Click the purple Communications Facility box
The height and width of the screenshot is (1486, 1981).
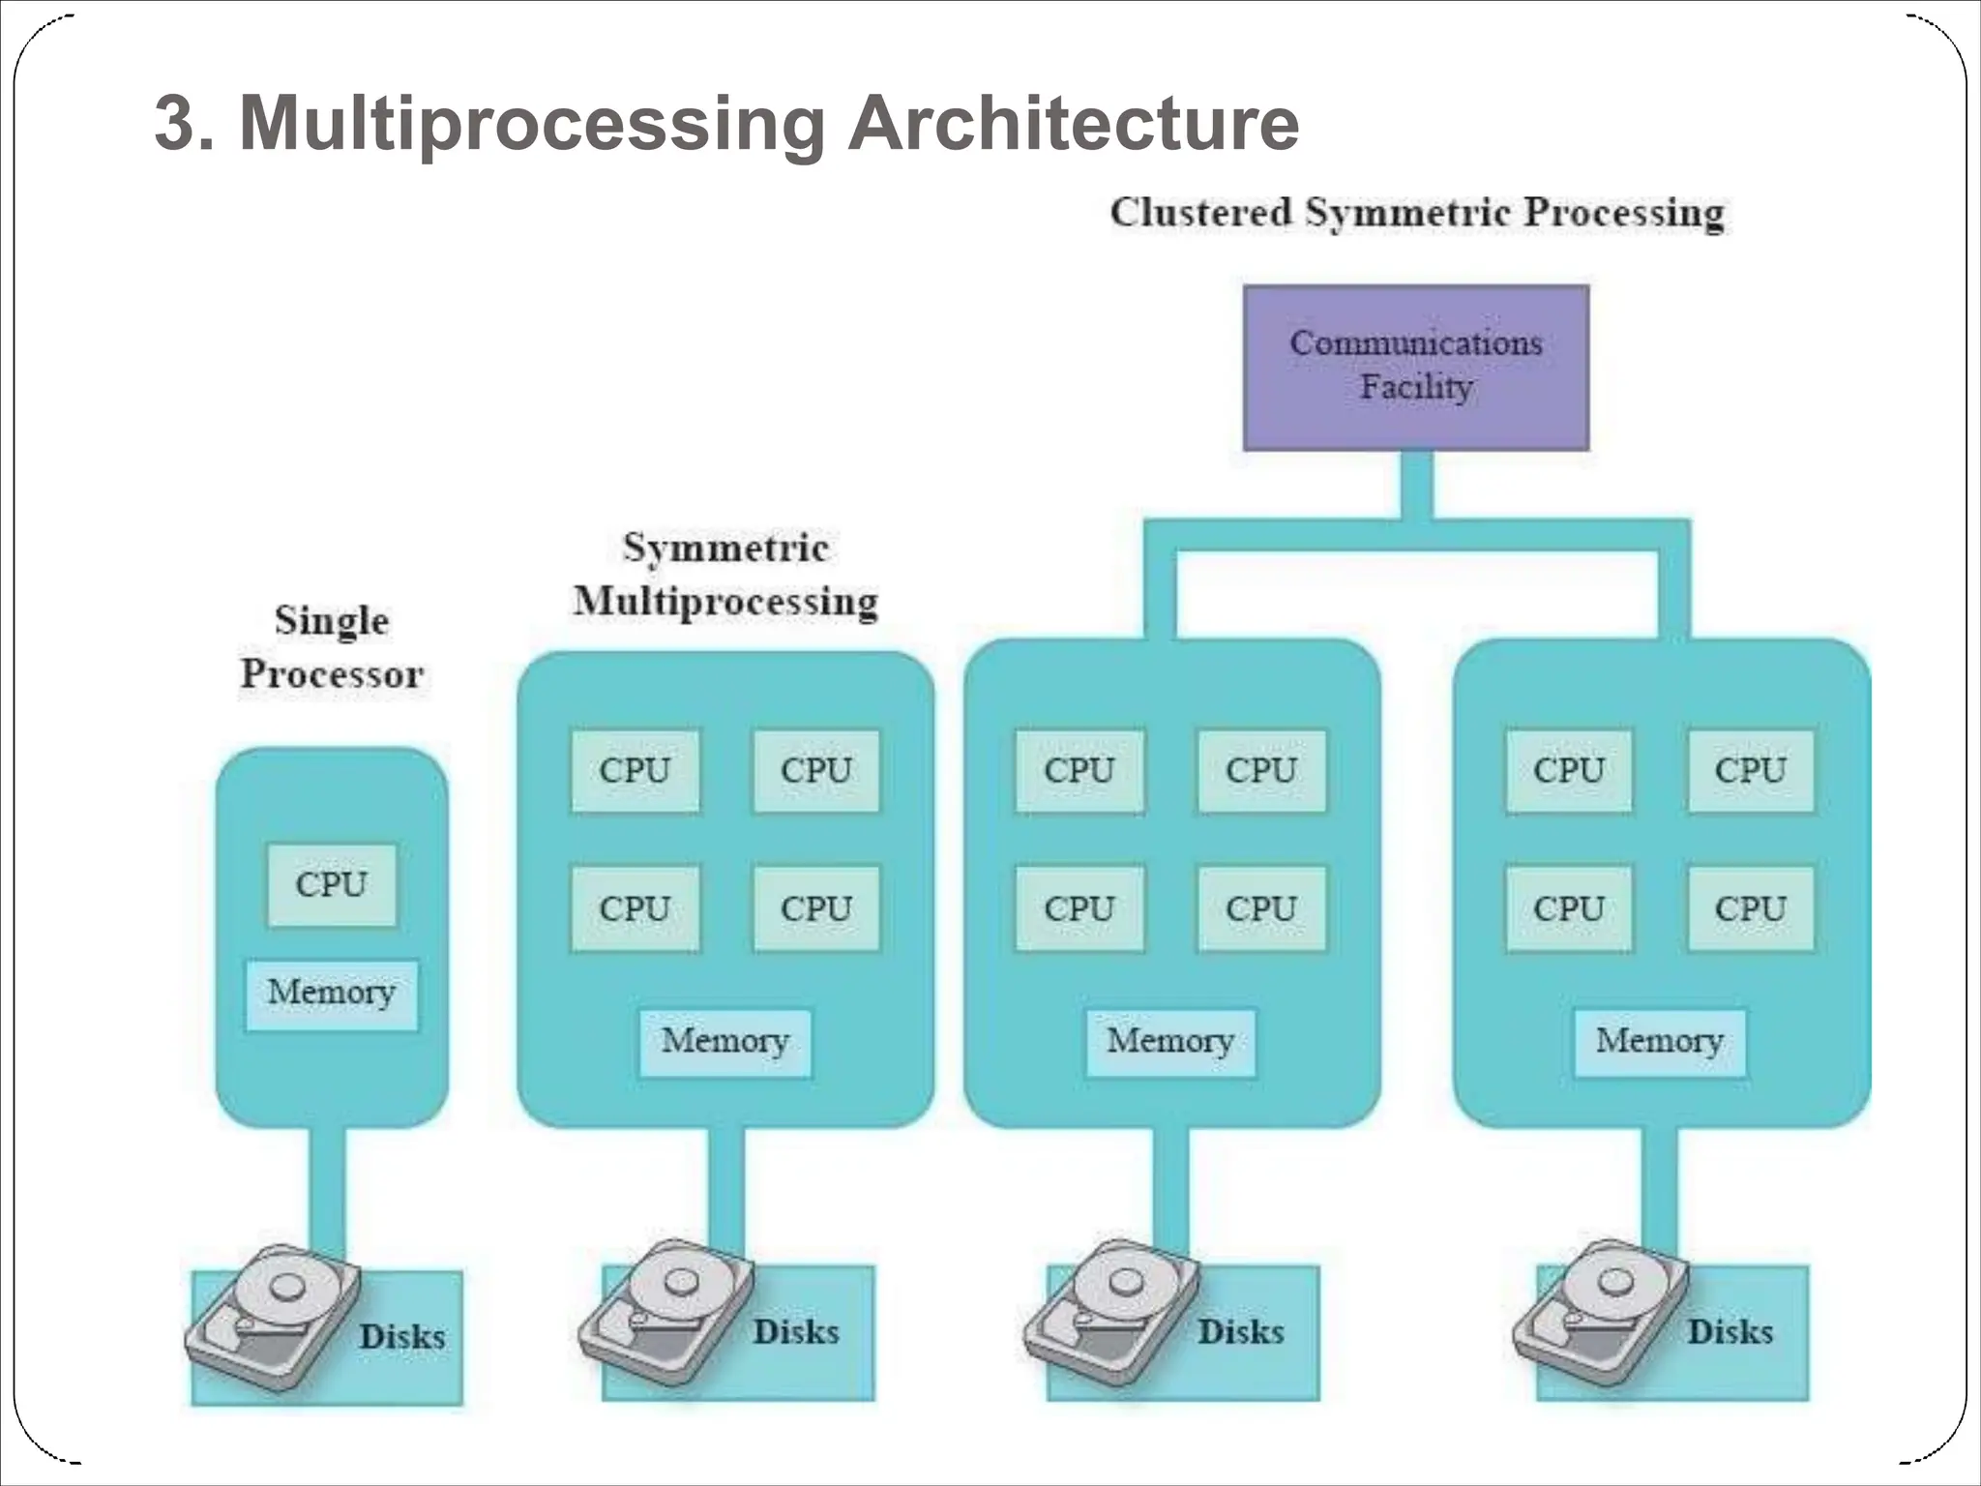click(x=1415, y=367)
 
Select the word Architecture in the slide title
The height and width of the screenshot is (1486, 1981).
click(x=1073, y=123)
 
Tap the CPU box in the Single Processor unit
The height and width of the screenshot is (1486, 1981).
click(x=332, y=884)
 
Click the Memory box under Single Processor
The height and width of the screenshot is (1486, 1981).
click(x=332, y=994)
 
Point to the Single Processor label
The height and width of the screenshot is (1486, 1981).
click(x=332, y=647)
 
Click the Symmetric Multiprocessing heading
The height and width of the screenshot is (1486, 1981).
click(x=725, y=575)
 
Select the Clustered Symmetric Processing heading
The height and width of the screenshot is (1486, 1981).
click(x=1417, y=213)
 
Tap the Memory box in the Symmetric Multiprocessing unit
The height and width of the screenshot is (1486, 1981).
click(x=725, y=1042)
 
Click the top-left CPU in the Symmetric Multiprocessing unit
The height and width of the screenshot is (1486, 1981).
click(x=635, y=770)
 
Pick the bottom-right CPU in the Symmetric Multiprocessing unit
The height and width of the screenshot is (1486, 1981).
click(x=816, y=908)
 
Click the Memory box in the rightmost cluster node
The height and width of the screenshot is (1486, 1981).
click(x=1659, y=1042)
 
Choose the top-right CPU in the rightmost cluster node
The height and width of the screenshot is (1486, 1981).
click(x=1750, y=770)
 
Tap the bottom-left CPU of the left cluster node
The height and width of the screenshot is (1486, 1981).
click(x=1079, y=908)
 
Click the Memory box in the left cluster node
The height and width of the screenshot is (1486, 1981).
click(x=1170, y=1042)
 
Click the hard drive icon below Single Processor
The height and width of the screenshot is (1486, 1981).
click(x=273, y=1317)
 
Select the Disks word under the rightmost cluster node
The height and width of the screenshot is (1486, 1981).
click(x=1730, y=1332)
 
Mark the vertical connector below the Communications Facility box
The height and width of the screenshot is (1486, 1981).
click(x=1415, y=484)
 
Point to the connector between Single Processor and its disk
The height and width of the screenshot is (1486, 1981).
click(x=327, y=1190)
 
